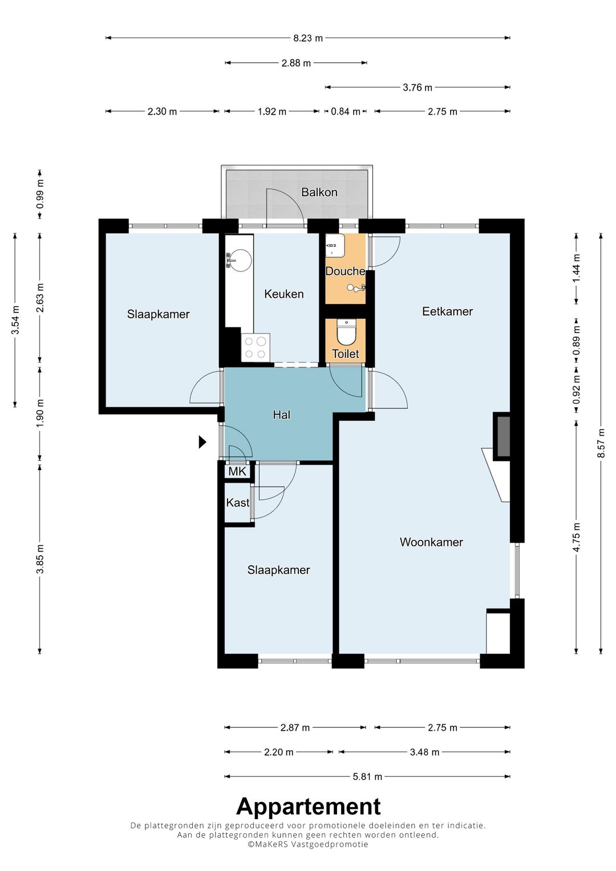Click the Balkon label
319,192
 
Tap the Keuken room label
284,294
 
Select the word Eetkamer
447,311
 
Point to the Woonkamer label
431,542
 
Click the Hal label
282,415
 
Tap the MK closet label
237,472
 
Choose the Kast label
238,503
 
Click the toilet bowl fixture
346,332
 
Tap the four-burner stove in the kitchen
256,347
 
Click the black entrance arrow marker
202,442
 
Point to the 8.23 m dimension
308,38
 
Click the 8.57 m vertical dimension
601,443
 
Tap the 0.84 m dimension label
346,112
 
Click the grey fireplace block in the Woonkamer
502,436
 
